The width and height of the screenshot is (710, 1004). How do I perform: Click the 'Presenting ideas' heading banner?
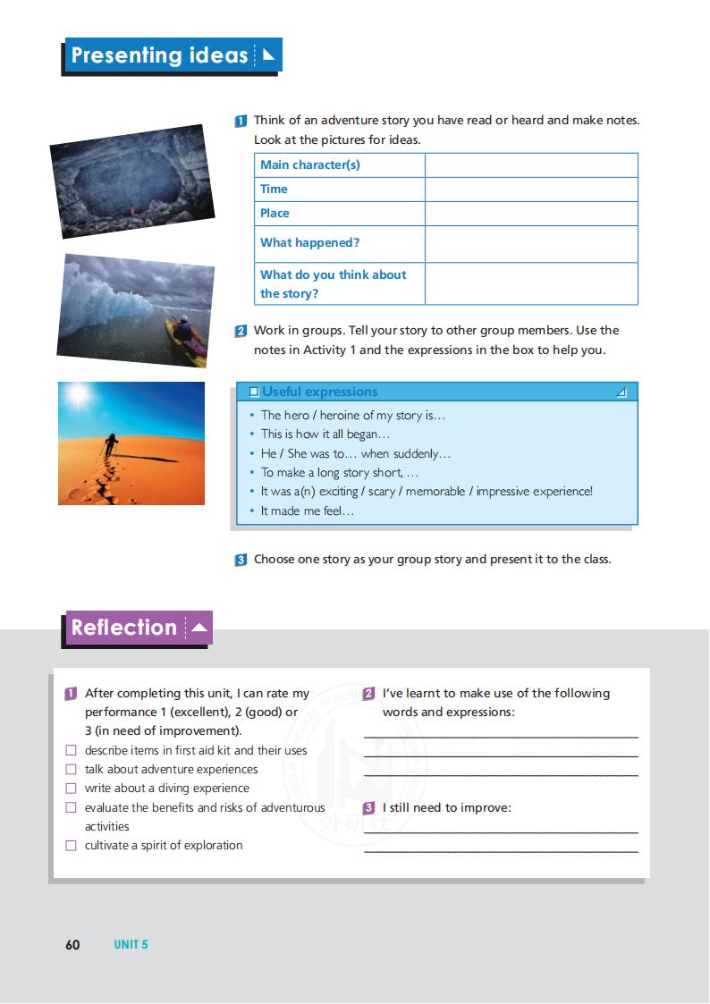click(x=173, y=55)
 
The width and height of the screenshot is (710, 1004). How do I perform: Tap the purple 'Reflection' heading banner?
click(x=139, y=628)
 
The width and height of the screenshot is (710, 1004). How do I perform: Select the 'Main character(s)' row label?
click(x=309, y=165)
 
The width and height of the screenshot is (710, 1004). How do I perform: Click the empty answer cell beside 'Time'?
click(x=531, y=189)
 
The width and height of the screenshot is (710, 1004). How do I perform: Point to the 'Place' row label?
click(x=275, y=213)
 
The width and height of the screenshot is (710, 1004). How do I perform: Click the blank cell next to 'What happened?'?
click(x=531, y=243)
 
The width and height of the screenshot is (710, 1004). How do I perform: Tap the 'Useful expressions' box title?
click(x=319, y=392)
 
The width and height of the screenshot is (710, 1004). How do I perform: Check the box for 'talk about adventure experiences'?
click(x=72, y=769)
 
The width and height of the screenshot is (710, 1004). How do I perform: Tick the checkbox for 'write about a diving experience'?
click(x=72, y=789)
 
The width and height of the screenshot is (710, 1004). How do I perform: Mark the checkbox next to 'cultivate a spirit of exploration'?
click(x=72, y=846)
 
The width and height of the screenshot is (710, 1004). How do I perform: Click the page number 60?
click(x=72, y=945)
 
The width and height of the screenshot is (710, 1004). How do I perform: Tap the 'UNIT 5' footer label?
click(x=131, y=945)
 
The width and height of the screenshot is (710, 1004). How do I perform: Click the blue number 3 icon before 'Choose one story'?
click(x=241, y=561)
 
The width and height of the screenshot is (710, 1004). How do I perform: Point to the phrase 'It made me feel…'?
click(x=307, y=510)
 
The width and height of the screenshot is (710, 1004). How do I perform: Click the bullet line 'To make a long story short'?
click(x=339, y=472)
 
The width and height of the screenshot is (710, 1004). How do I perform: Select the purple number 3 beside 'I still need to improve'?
click(x=369, y=808)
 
